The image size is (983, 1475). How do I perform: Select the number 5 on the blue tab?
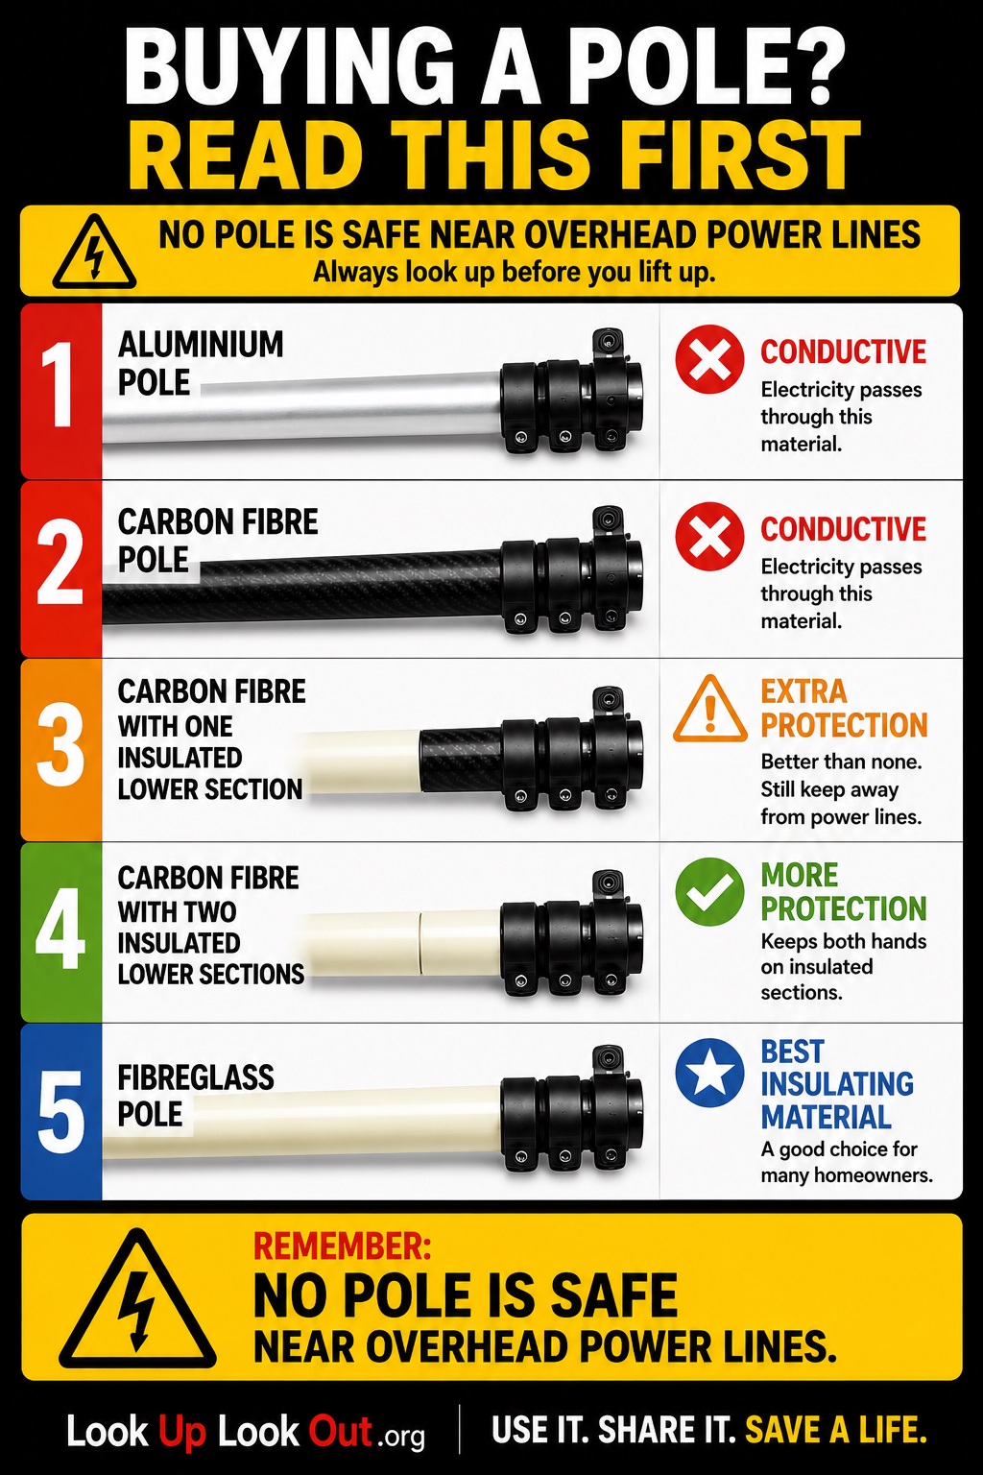[x=60, y=1111]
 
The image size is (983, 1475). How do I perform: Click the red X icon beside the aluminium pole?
[x=709, y=359]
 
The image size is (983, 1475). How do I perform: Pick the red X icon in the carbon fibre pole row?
[x=709, y=536]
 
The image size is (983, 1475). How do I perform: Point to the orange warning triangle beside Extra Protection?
[x=709, y=710]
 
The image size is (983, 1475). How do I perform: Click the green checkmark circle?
[x=709, y=892]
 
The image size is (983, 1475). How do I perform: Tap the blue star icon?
[x=709, y=1073]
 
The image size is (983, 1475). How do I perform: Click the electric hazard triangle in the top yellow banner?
[x=95, y=253]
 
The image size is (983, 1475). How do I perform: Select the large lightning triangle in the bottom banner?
[x=137, y=1299]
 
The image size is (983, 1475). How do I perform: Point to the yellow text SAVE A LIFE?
[x=835, y=1430]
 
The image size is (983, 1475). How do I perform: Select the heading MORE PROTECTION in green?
[x=844, y=892]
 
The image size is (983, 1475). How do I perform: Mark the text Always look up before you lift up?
[x=514, y=272]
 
